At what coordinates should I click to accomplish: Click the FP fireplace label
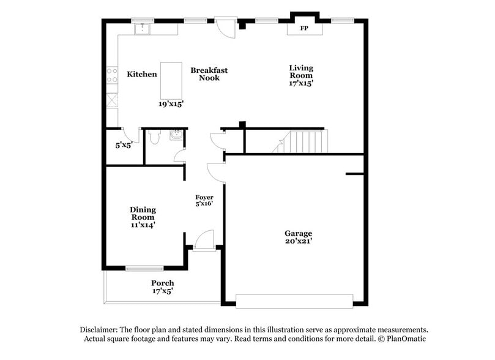pos(304,29)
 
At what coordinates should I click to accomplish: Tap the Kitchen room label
pos(142,75)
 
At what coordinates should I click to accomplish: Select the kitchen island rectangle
pos(172,80)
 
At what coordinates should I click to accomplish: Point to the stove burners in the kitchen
pos(112,75)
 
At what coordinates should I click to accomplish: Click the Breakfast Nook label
pos(209,74)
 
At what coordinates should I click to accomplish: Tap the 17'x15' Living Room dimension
pos(301,83)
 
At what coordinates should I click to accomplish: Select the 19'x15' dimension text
pos(171,104)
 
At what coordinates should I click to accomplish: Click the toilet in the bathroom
pos(154,137)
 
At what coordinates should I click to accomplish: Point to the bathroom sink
pos(177,135)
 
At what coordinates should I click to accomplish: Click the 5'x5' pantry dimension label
pos(124,146)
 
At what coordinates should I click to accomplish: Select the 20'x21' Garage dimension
pos(298,241)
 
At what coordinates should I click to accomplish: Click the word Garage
pos(298,233)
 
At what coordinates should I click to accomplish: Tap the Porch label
pos(163,283)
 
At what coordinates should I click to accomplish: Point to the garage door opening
pos(294,300)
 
